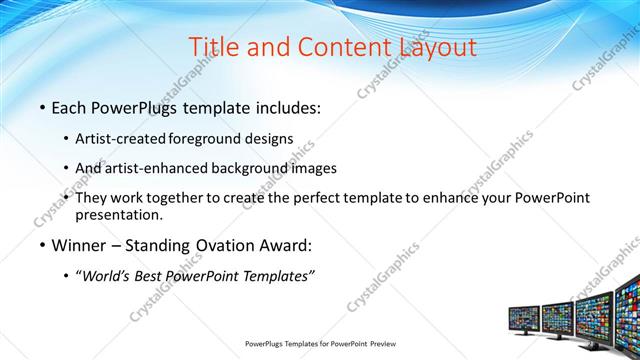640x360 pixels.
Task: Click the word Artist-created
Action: [x=121, y=137]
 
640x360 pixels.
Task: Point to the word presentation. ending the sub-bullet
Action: [x=119, y=214]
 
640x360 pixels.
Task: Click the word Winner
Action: [x=79, y=245]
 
